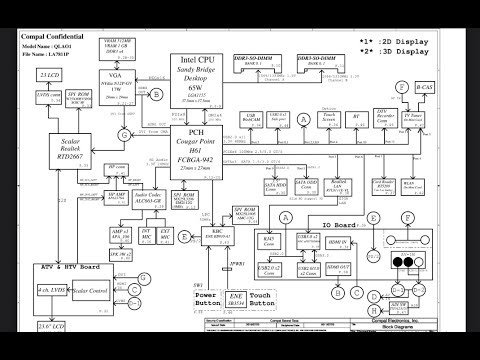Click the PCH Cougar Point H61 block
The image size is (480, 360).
click(199, 149)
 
